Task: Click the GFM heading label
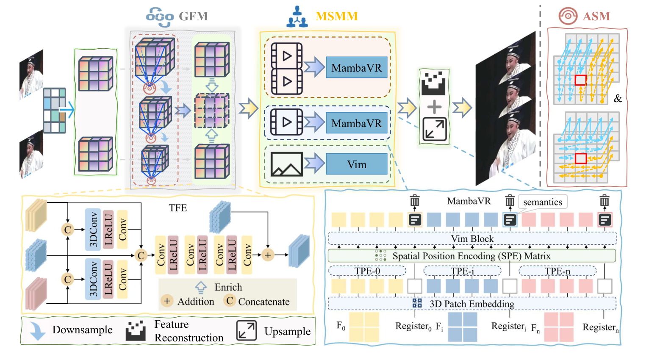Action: tap(193, 17)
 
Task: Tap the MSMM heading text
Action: tap(336, 17)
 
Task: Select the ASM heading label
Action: tap(596, 17)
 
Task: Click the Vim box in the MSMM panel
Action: tap(356, 164)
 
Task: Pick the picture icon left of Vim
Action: tap(287, 164)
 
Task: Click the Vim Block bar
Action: tap(472, 239)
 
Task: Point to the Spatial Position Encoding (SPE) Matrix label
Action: tap(471, 256)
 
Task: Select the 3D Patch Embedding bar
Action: tap(471, 304)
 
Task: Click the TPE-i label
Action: tap(462, 271)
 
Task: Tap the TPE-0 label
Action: tap(367, 271)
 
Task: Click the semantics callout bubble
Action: tap(542, 202)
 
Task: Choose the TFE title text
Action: tap(178, 208)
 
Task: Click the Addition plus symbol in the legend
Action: tap(167, 301)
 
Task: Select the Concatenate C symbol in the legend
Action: tap(230, 301)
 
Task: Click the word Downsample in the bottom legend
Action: tap(82, 330)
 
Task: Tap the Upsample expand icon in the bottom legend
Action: tap(246, 331)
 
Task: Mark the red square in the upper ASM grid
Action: tap(580, 80)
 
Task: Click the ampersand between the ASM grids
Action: tap(618, 99)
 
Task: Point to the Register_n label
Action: tap(600, 327)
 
